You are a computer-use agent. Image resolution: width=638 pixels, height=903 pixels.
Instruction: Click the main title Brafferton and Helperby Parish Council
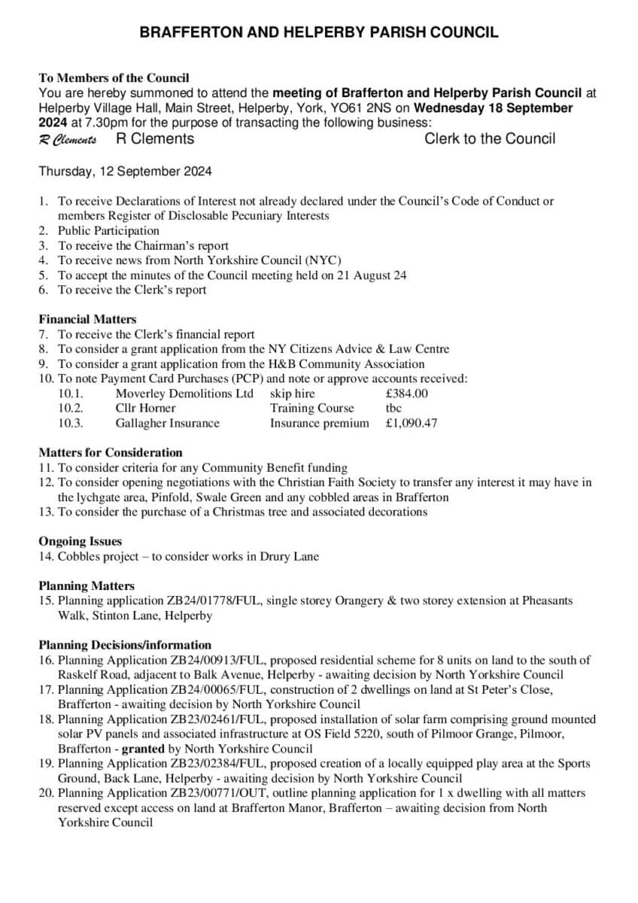click(x=319, y=32)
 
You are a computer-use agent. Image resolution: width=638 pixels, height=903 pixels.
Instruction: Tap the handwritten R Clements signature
click(x=68, y=140)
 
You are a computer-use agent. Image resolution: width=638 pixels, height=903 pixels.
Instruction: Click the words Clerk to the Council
click(x=490, y=138)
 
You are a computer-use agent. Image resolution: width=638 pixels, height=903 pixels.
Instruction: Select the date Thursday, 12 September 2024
click(x=125, y=171)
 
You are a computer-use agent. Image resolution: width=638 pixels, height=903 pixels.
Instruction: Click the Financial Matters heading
click(x=87, y=319)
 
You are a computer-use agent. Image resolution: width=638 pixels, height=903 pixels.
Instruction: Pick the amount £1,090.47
click(x=411, y=423)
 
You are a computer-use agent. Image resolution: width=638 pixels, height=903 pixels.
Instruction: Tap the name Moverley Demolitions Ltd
click(x=184, y=394)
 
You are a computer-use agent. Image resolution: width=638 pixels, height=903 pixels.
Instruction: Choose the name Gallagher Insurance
click(x=167, y=423)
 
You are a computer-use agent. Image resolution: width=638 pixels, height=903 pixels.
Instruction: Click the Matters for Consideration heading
click(x=111, y=452)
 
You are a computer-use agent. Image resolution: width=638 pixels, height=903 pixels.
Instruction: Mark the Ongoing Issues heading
click(x=80, y=541)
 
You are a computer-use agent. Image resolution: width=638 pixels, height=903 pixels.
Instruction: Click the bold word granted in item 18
click(x=144, y=749)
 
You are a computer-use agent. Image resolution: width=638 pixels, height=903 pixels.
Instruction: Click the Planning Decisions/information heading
click(x=125, y=645)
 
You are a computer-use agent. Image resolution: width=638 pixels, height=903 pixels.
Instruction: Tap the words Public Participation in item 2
click(x=108, y=230)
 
